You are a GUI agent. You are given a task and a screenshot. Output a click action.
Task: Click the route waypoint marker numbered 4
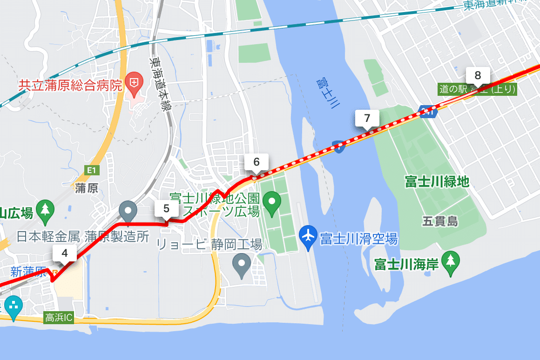click(64, 253)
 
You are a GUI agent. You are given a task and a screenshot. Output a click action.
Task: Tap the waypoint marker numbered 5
click(166, 209)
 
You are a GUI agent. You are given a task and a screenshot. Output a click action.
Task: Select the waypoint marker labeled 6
click(256, 162)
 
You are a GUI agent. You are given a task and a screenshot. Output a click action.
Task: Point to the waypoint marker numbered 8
click(478, 75)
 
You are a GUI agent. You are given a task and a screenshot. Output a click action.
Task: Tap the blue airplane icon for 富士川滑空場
click(308, 234)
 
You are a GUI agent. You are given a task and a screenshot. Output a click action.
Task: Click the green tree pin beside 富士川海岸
click(450, 261)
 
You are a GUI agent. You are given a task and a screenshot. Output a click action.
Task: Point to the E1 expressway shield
click(90, 171)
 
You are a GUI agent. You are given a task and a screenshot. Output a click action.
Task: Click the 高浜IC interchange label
click(58, 318)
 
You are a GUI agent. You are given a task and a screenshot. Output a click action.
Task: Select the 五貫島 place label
click(440, 221)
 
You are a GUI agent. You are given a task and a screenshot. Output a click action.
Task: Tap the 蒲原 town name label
click(87, 188)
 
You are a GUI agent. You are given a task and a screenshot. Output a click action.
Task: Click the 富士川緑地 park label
click(437, 181)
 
